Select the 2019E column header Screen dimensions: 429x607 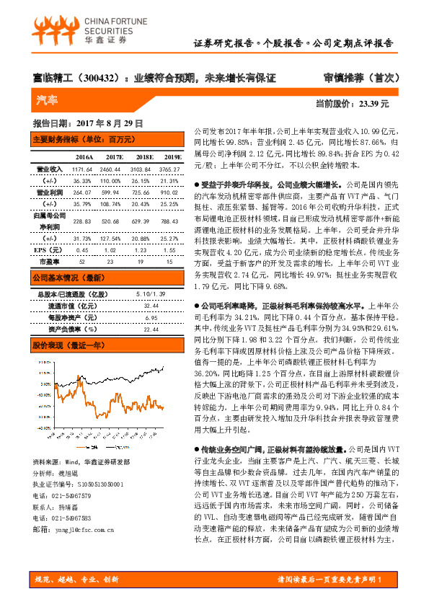pos(170,156)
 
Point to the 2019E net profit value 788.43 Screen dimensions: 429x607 pos(170,221)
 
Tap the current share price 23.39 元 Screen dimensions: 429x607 pos(373,104)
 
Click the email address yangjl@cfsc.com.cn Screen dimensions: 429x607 pos(78,529)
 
